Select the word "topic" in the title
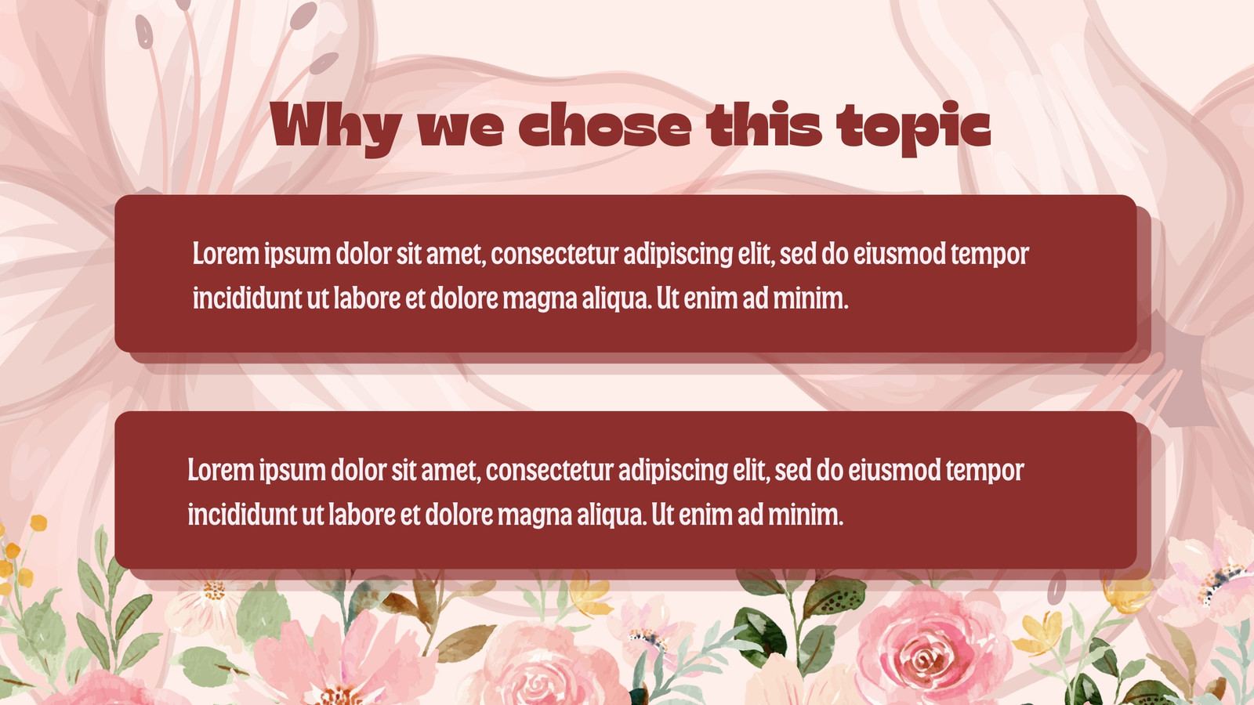click(x=914, y=128)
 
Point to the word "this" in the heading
click(x=763, y=125)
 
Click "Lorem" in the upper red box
click(x=227, y=254)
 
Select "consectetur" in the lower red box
click(x=549, y=470)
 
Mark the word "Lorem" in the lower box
click(x=221, y=470)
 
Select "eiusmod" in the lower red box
click(x=894, y=470)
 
